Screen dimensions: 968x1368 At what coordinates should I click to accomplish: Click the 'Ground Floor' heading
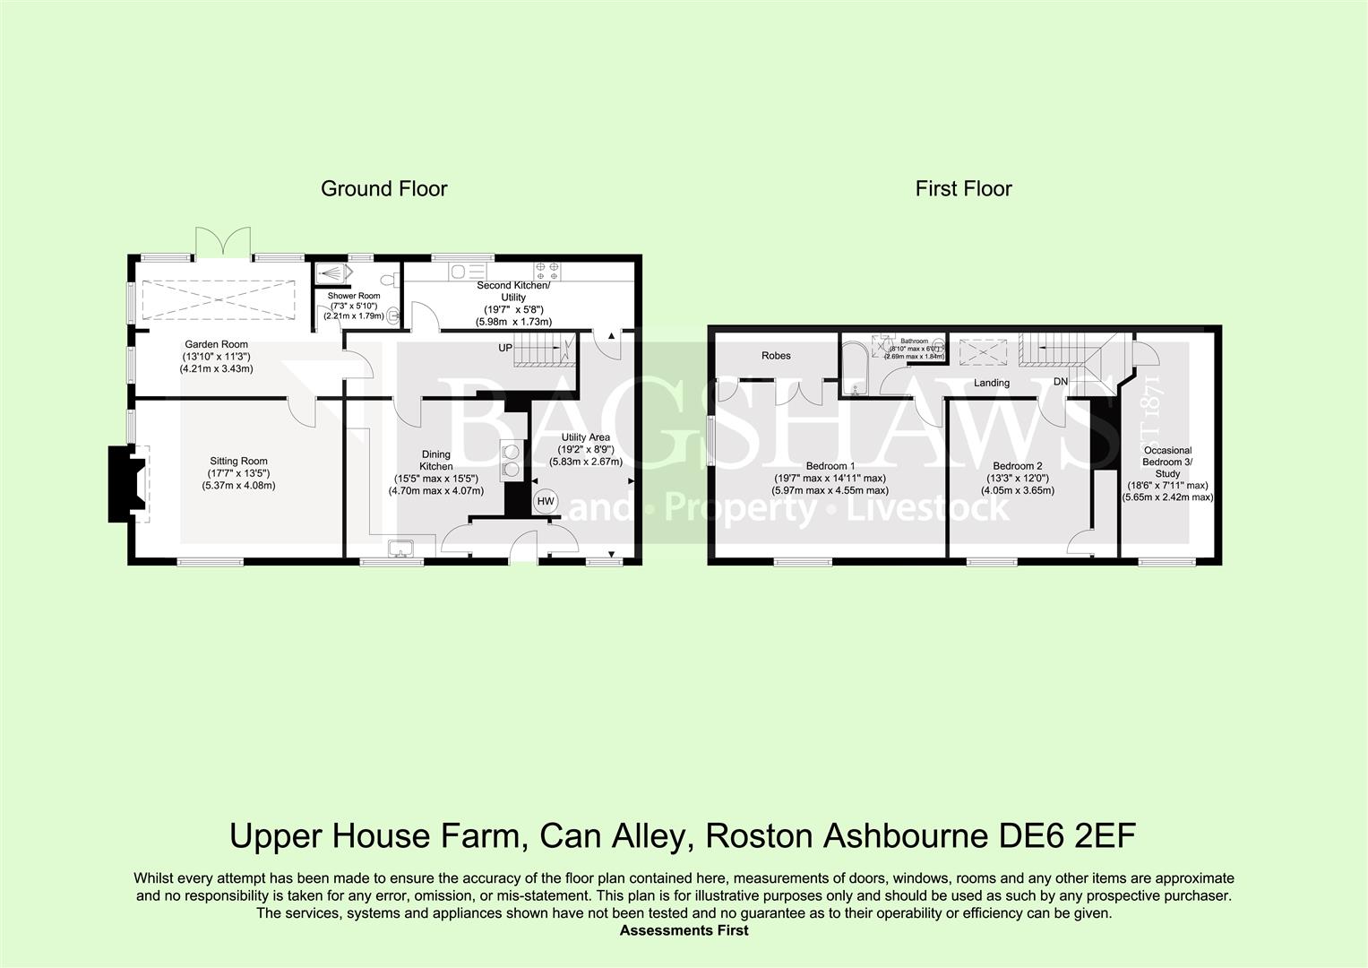click(383, 188)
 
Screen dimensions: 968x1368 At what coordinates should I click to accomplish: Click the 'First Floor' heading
click(963, 188)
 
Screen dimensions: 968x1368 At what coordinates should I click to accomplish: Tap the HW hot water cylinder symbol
click(544, 502)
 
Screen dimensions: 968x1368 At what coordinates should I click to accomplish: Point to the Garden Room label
click(216, 344)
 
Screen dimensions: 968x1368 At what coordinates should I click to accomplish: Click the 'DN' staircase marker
click(1061, 382)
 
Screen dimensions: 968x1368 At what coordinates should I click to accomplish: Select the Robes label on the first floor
click(776, 356)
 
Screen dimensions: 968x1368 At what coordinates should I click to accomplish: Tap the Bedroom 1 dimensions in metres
click(830, 490)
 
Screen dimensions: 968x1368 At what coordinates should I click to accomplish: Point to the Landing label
click(992, 383)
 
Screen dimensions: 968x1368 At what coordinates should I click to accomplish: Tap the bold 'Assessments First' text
click(684, 930)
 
